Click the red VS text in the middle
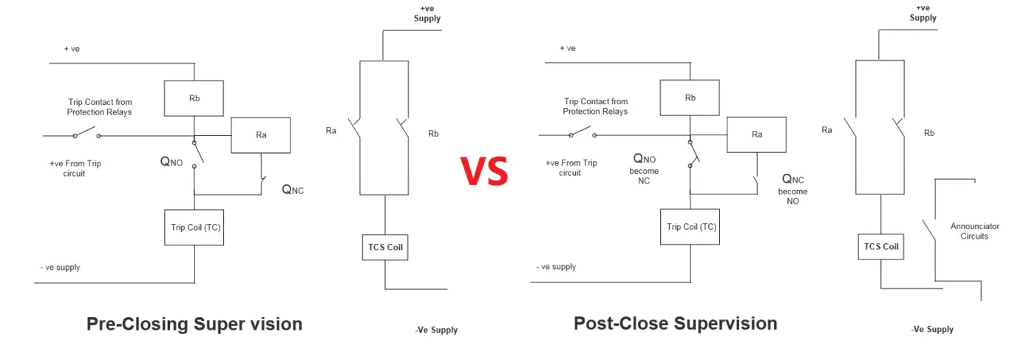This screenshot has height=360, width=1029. pos(484,171)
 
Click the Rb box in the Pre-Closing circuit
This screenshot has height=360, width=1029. pos(194,98)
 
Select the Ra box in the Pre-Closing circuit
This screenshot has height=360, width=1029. pos(260,135)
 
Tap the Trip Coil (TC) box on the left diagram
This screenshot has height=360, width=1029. pos(194,227)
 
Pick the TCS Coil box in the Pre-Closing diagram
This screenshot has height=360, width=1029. pos(385,247)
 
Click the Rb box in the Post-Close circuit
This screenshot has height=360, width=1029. pos(690,98)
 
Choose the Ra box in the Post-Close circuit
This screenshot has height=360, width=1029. pos(756,135)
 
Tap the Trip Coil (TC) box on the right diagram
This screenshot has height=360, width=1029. pos(690,227)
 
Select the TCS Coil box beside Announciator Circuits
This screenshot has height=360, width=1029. pos(881,247)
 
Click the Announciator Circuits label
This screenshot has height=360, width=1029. pos(975,231)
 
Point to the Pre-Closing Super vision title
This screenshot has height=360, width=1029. pos(194,324)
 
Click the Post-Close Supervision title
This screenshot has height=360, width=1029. pos(675,323)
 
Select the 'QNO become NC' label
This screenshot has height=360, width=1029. pos(645,169)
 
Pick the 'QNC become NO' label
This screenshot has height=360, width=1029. pos(792,190)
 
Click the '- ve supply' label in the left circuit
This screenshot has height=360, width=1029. pos(60,267)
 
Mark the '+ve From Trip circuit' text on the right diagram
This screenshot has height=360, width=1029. pos(570,168)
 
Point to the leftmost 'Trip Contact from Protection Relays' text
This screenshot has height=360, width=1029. pos(99,106)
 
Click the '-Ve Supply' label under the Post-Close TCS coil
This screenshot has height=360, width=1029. pos(932,330)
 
